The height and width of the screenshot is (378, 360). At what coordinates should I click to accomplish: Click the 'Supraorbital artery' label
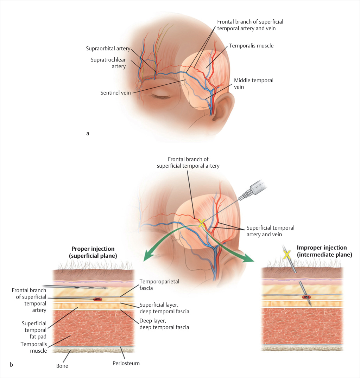point(108,48)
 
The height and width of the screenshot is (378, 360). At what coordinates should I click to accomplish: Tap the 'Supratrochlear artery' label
point(108,63)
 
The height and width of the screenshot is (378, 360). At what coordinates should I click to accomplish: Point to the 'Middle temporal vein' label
point(254,84)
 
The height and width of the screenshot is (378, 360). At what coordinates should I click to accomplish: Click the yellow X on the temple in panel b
point(201,223)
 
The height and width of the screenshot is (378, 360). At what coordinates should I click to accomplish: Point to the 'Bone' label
point(62,366)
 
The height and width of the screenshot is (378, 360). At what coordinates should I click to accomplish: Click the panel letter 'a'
point(88,133)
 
